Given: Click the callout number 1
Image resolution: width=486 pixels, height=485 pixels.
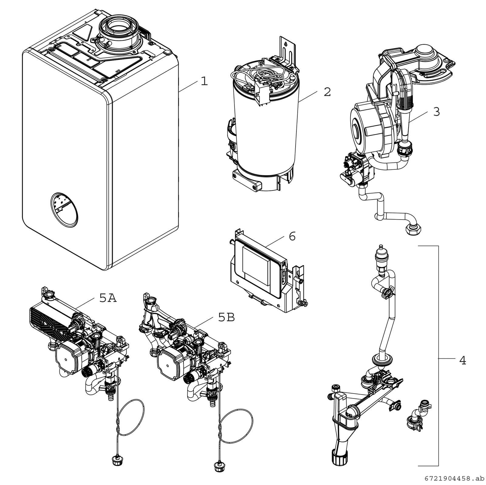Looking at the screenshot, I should pyautogui.click(x=204, y=81).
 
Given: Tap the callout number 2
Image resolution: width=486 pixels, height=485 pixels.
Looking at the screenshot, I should pyautogui.click(x=327, y=92).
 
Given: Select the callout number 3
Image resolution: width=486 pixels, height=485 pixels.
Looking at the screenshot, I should pyautogui.click(x=436, y=112).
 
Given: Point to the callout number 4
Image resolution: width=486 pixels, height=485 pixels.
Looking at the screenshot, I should pyautogui.click(x=462, y=360).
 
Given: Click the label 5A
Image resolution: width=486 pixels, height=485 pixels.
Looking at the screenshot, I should pyautogui.click(x=108, y=299).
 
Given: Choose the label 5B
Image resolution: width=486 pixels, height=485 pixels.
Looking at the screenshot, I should pyautogui.click(x=226, y=318).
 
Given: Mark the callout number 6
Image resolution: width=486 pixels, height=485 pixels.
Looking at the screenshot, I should pyautogui.click(x=292, y=236).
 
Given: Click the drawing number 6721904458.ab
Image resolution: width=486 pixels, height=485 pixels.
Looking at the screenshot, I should pyautogui.click(x=454, y=479).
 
